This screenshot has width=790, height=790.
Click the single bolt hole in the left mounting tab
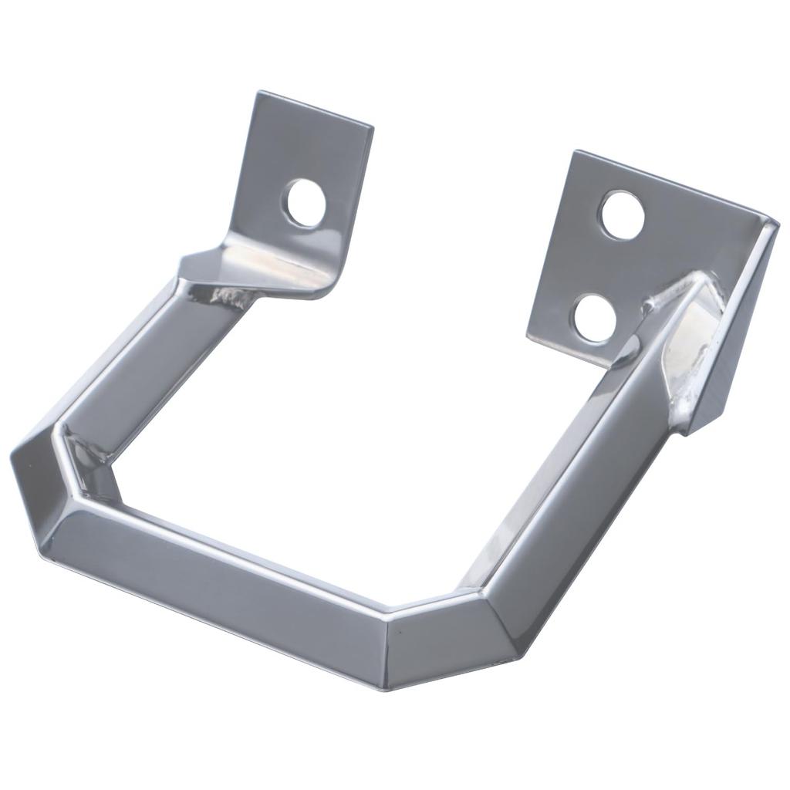(306, 203)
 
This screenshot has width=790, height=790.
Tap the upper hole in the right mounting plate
(623, 213)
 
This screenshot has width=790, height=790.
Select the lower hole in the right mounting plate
(596, 318)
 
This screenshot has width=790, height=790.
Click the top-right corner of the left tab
(373, 127)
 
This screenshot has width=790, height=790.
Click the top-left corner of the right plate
(573, 152)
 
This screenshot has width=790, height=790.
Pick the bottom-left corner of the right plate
(528, 336)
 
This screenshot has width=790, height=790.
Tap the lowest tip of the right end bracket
(684, 434)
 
